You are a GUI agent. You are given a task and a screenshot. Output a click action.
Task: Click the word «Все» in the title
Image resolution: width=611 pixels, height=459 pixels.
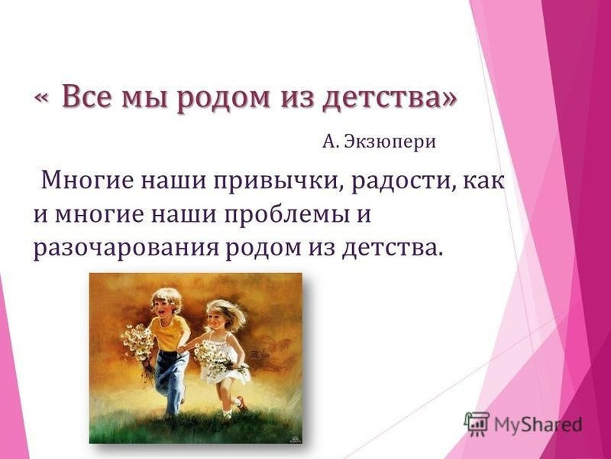88,97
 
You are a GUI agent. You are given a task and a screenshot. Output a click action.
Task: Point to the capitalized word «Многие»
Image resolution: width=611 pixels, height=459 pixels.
82,181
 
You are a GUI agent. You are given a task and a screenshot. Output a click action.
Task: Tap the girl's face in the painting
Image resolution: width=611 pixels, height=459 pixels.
218,315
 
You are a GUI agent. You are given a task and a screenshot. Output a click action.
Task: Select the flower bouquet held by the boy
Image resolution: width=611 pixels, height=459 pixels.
137,340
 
